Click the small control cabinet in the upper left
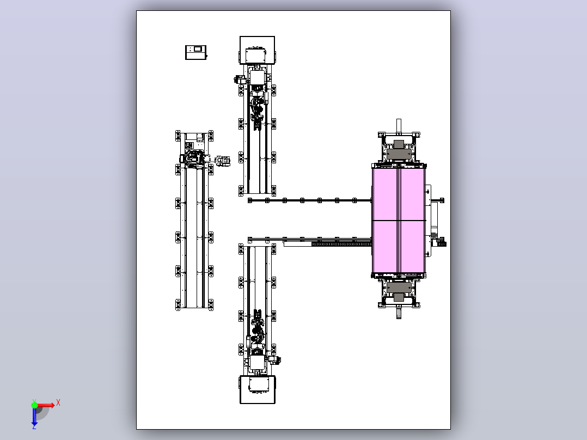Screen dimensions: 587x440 pos(196,52)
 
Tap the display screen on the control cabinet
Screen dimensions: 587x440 pos(197,49)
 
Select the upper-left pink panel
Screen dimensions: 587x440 pos(385,194)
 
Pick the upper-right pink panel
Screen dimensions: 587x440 pos(413,194)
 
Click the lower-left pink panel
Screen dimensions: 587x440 pos(385,247)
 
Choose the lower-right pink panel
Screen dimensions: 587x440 pos(413,247)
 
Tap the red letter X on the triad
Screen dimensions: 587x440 pos(58,403)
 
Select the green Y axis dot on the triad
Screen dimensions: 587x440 pos(34,405)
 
